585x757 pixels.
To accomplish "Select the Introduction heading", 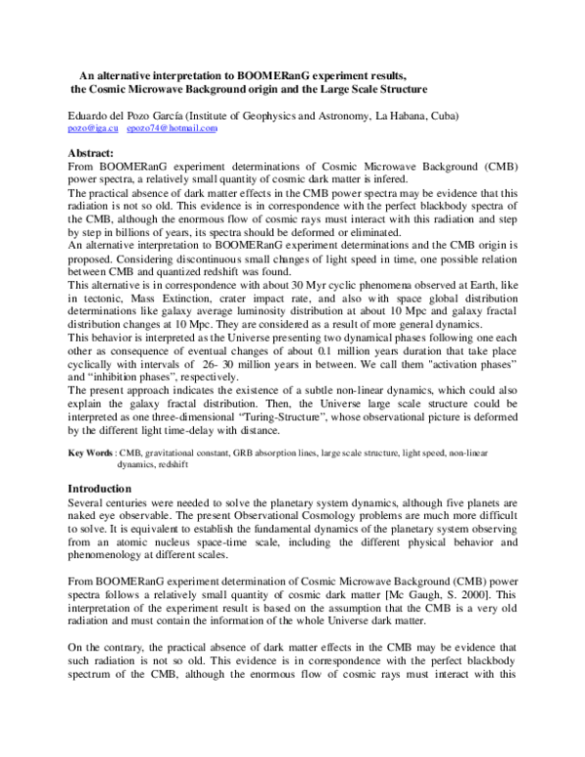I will click(x=100, y=488).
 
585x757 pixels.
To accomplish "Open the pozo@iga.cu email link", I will click(x=93, y=129).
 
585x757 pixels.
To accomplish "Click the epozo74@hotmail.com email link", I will click(x=173, y=129).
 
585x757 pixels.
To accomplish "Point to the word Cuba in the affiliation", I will click(x=439, y=116).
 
